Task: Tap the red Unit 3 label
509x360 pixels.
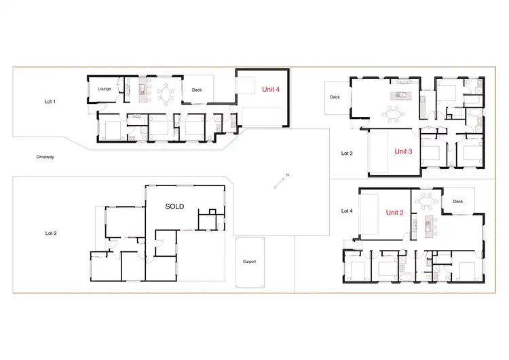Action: coord(403,151)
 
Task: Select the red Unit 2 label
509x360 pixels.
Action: coord(395,213)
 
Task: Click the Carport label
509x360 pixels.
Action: coord(249,262)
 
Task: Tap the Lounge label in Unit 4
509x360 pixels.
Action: coord(104,89)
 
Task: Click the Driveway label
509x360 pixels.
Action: coord(45,157)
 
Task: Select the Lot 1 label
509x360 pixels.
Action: coord(50,102)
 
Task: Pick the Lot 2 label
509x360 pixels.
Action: coord(51,233)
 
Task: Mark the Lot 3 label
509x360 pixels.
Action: coord(347,154)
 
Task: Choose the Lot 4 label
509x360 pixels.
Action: coord(347,211)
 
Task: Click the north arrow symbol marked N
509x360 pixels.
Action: coord(282,179)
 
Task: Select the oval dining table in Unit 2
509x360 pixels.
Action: coord(427,200)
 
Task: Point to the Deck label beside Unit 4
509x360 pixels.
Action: coord(197,90)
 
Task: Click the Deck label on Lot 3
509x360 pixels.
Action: coord(335,97)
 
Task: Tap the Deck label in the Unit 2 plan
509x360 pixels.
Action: coord(457,202)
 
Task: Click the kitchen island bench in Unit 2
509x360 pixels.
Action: coord(428,228)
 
